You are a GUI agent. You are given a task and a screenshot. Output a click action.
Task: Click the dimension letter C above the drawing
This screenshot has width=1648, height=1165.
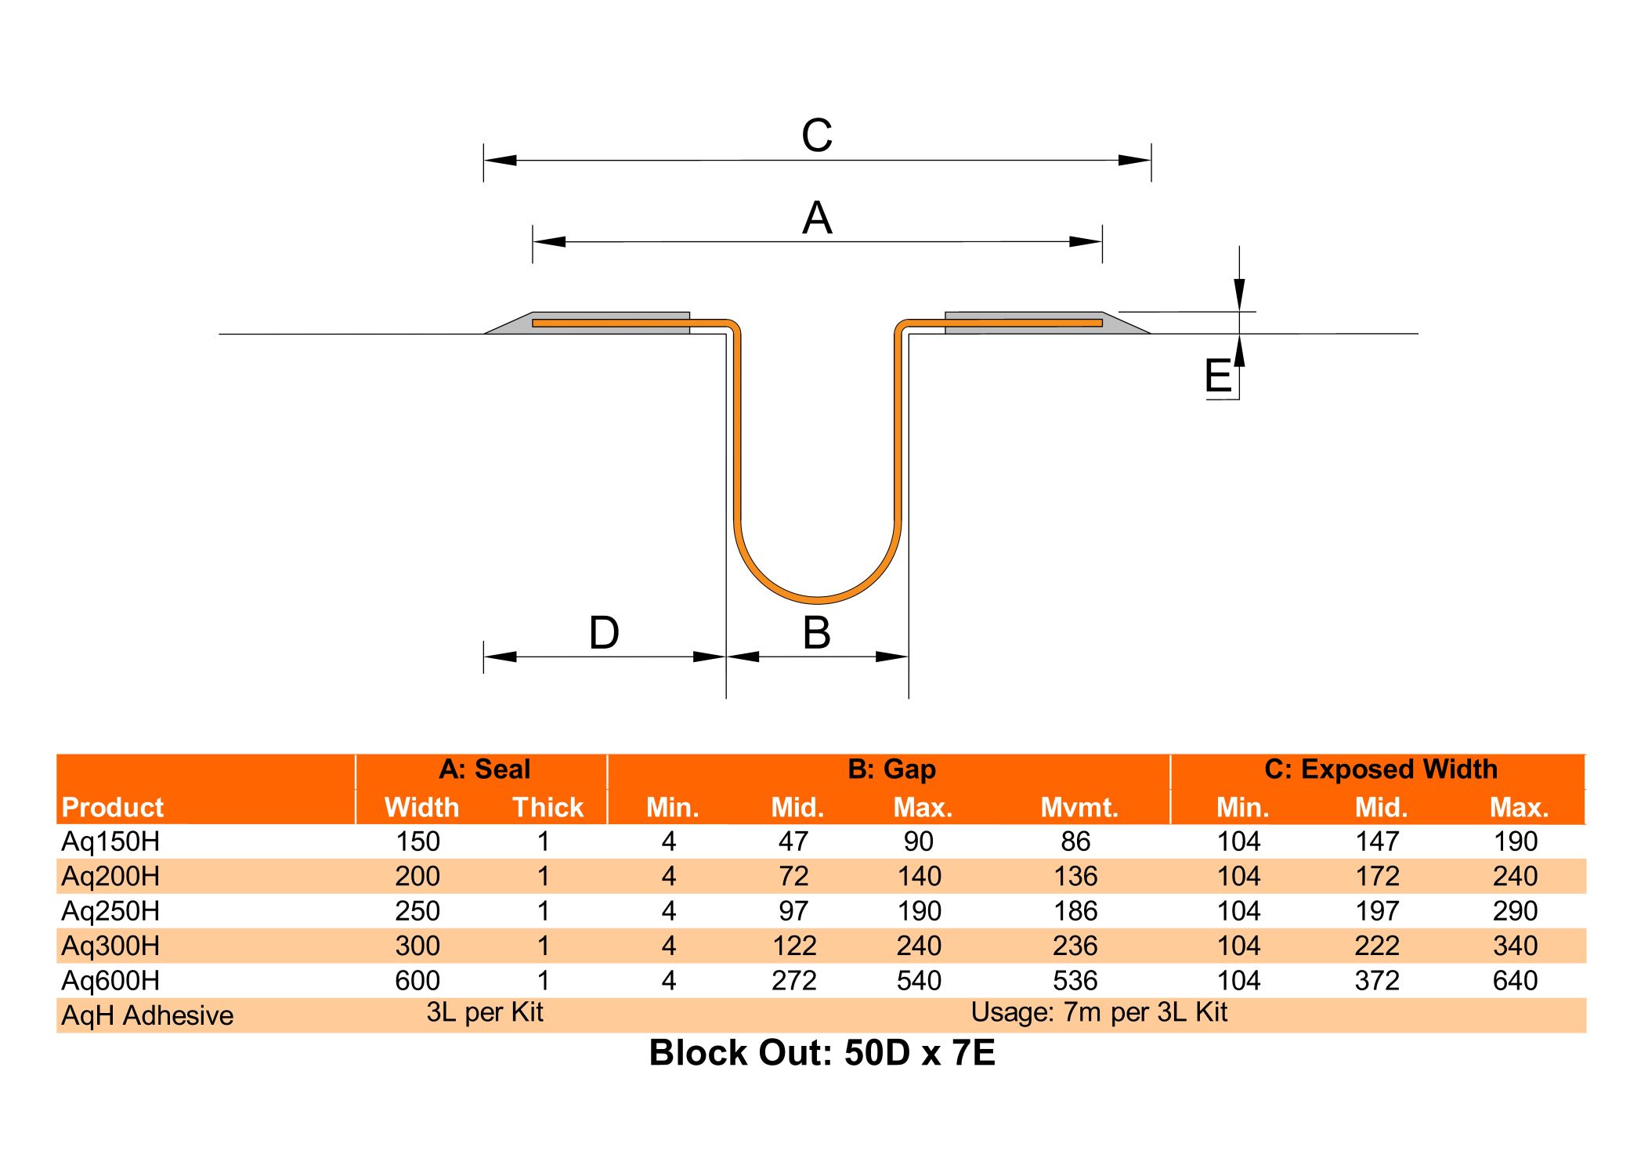816,136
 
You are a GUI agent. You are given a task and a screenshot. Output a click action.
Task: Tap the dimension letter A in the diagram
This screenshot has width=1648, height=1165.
817,218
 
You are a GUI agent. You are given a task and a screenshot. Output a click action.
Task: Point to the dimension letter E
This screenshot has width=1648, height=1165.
1218,375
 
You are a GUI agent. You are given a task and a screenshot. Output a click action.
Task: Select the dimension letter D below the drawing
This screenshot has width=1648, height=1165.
604,633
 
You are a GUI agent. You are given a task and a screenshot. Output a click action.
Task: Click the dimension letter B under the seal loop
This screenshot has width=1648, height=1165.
817,633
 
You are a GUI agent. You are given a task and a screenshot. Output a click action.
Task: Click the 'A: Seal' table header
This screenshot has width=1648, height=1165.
484,769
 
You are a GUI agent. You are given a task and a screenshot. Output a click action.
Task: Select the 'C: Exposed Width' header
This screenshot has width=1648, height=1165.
1380,769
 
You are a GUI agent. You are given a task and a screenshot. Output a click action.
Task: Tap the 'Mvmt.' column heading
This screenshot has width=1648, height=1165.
1079,808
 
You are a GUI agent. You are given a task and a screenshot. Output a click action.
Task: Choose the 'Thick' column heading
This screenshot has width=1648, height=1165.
548,808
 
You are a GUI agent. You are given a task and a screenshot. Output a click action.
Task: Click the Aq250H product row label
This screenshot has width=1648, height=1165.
110,911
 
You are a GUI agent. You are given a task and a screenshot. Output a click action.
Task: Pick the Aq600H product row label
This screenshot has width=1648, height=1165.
110,981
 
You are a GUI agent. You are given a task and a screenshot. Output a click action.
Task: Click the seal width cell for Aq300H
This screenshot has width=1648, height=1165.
417,946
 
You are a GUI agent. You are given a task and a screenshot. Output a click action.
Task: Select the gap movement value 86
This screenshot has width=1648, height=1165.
1075,841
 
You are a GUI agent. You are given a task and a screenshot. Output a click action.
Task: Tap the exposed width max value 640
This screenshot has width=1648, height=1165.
1515,981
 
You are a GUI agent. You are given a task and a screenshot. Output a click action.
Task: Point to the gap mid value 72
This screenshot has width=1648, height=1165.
793,877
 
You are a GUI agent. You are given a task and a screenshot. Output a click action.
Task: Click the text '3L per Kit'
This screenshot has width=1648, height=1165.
485,1013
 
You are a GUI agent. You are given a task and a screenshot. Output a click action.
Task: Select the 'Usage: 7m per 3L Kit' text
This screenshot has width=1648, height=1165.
1099,1013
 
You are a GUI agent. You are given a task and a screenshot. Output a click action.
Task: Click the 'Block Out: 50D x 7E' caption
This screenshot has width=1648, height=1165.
822,1053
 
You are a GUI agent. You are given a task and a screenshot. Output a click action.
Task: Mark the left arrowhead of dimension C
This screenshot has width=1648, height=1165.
500,161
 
